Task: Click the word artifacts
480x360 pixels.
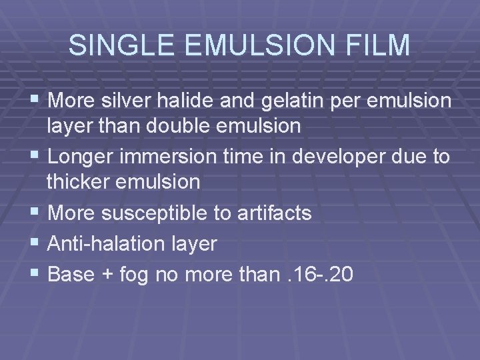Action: coord(273,213)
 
